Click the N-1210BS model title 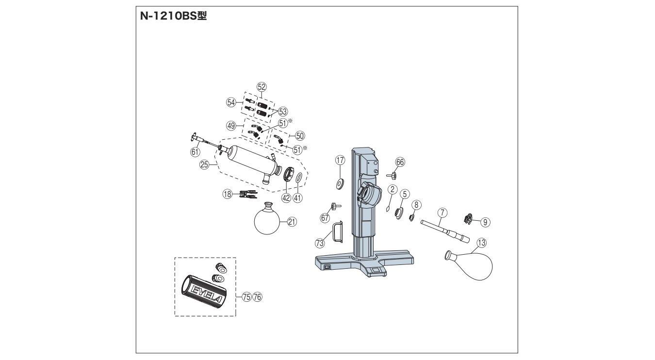(x=173, y=16)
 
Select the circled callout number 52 (x=262, y=87)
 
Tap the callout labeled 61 (x=195, y=152)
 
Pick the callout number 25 (x=204, y=165)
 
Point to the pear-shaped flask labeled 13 (x=469, y=265)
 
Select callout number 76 (x=257, y=297)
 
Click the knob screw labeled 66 (x=392, y=176)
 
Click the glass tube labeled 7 (x=445, y=231)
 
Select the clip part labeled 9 (x=468, y=219)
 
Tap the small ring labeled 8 (x=411, y=217)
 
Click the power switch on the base (x=327, y=267)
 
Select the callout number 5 (x=405, y=194)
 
